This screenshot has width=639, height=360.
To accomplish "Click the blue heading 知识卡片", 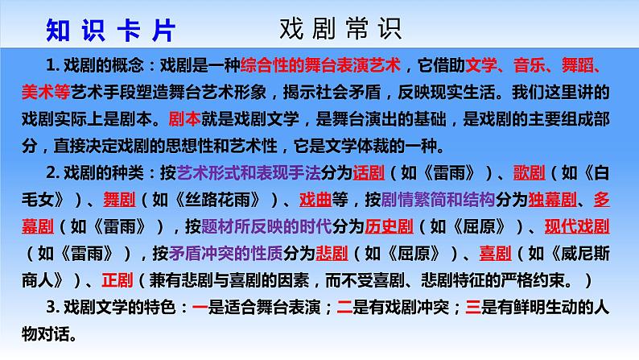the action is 110,30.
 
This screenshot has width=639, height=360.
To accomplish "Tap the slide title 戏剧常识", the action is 340,29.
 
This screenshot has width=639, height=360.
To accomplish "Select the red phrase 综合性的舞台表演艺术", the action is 321,65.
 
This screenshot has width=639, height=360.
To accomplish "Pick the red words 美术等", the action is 46,92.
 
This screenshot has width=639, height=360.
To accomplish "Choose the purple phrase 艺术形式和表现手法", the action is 249,173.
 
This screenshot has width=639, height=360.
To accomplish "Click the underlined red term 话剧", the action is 369,173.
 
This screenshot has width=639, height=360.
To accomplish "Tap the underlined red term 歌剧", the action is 529,173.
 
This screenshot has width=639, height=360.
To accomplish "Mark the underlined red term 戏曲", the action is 315,200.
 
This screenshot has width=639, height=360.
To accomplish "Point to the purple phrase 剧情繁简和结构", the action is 438,200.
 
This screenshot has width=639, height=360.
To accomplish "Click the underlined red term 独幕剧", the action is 553,200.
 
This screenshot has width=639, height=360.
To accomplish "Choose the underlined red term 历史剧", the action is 389,226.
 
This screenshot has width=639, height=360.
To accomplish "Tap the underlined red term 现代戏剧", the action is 577,226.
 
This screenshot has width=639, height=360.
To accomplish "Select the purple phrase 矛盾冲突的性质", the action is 226,254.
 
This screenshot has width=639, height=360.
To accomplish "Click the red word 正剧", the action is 117,280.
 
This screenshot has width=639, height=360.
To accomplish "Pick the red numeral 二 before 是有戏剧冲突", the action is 344,308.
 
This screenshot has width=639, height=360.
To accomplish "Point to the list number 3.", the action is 51,308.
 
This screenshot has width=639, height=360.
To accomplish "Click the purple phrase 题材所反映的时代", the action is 266,226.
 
